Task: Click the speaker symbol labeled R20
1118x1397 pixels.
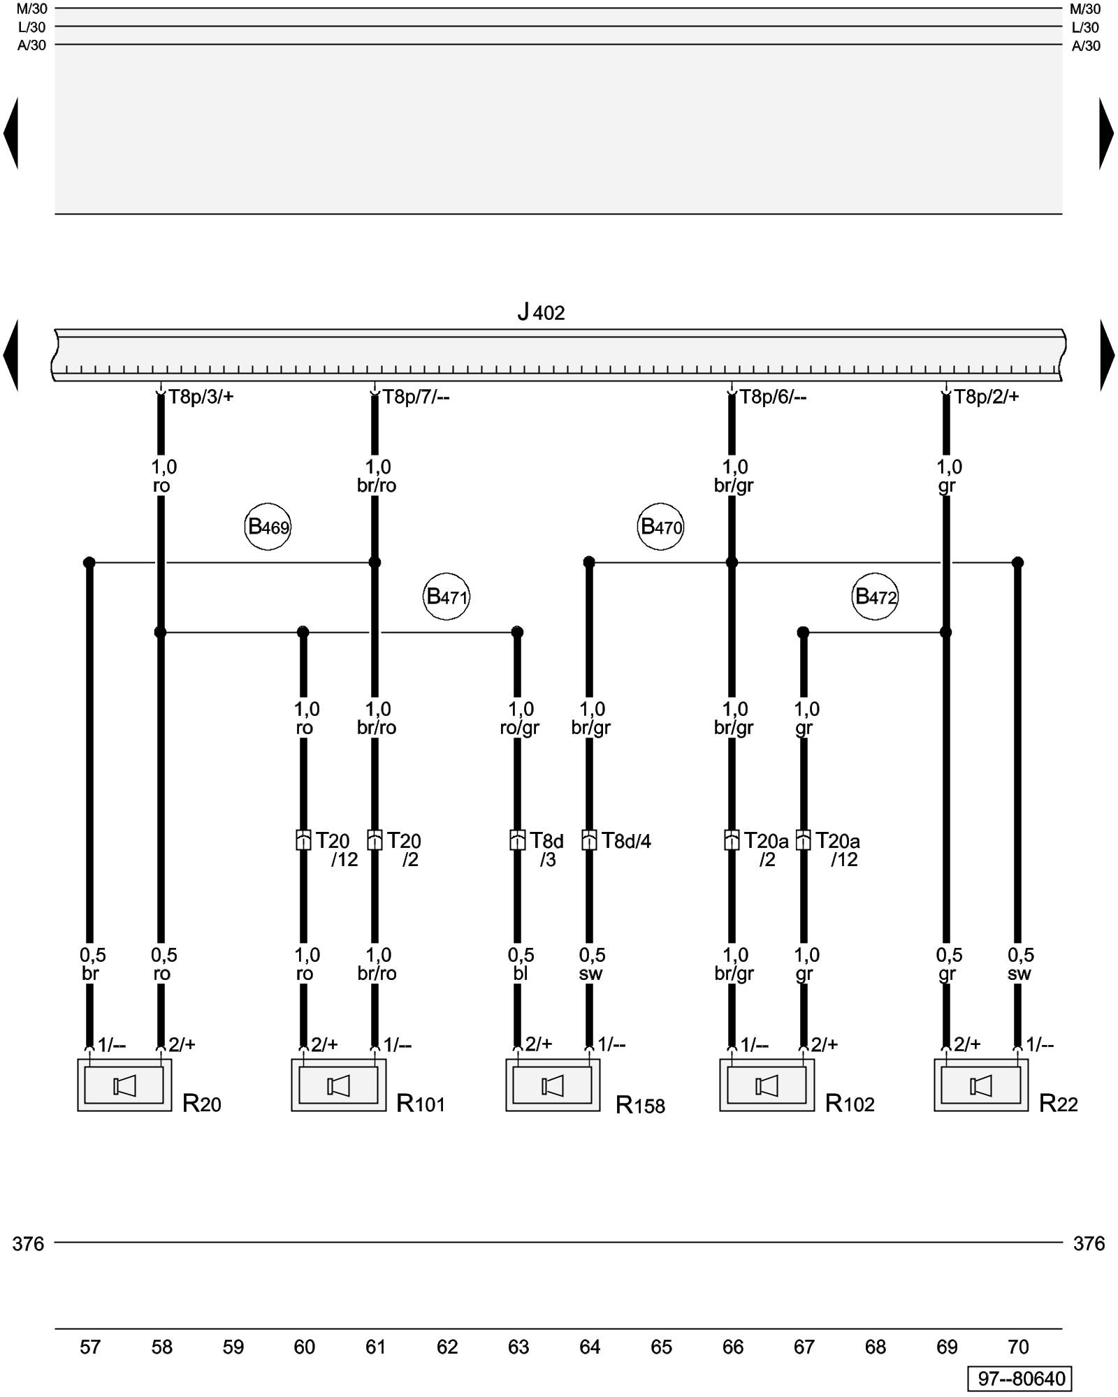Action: point(124,1085)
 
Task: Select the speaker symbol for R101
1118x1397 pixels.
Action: point(338,1085)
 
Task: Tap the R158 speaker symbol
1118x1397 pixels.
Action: point(553,1085)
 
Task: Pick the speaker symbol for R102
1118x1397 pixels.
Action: point(767,1085)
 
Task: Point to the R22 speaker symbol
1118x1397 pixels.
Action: point(981,1085)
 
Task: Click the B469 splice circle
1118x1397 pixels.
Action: point(268,527)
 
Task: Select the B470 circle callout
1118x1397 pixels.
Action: point(660,527)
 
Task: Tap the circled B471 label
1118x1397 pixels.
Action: point(447,597)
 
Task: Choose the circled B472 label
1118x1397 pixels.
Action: point(875,597)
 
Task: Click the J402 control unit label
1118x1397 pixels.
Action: point(541,312)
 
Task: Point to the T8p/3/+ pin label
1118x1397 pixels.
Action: point(201,397)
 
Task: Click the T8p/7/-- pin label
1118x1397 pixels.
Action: point(416,397)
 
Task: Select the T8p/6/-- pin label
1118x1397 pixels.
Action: point(774,397)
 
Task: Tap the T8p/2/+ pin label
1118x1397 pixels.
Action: point(987,397)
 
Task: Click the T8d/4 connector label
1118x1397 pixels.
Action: point(627,841)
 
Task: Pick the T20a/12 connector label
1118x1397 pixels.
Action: point(838,849)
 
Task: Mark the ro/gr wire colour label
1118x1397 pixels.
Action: point(520,728)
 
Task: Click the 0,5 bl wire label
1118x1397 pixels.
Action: point(521,964)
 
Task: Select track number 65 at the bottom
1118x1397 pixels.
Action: point(661,1347)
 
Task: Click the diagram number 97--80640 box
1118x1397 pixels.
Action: point(1019,1379)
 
